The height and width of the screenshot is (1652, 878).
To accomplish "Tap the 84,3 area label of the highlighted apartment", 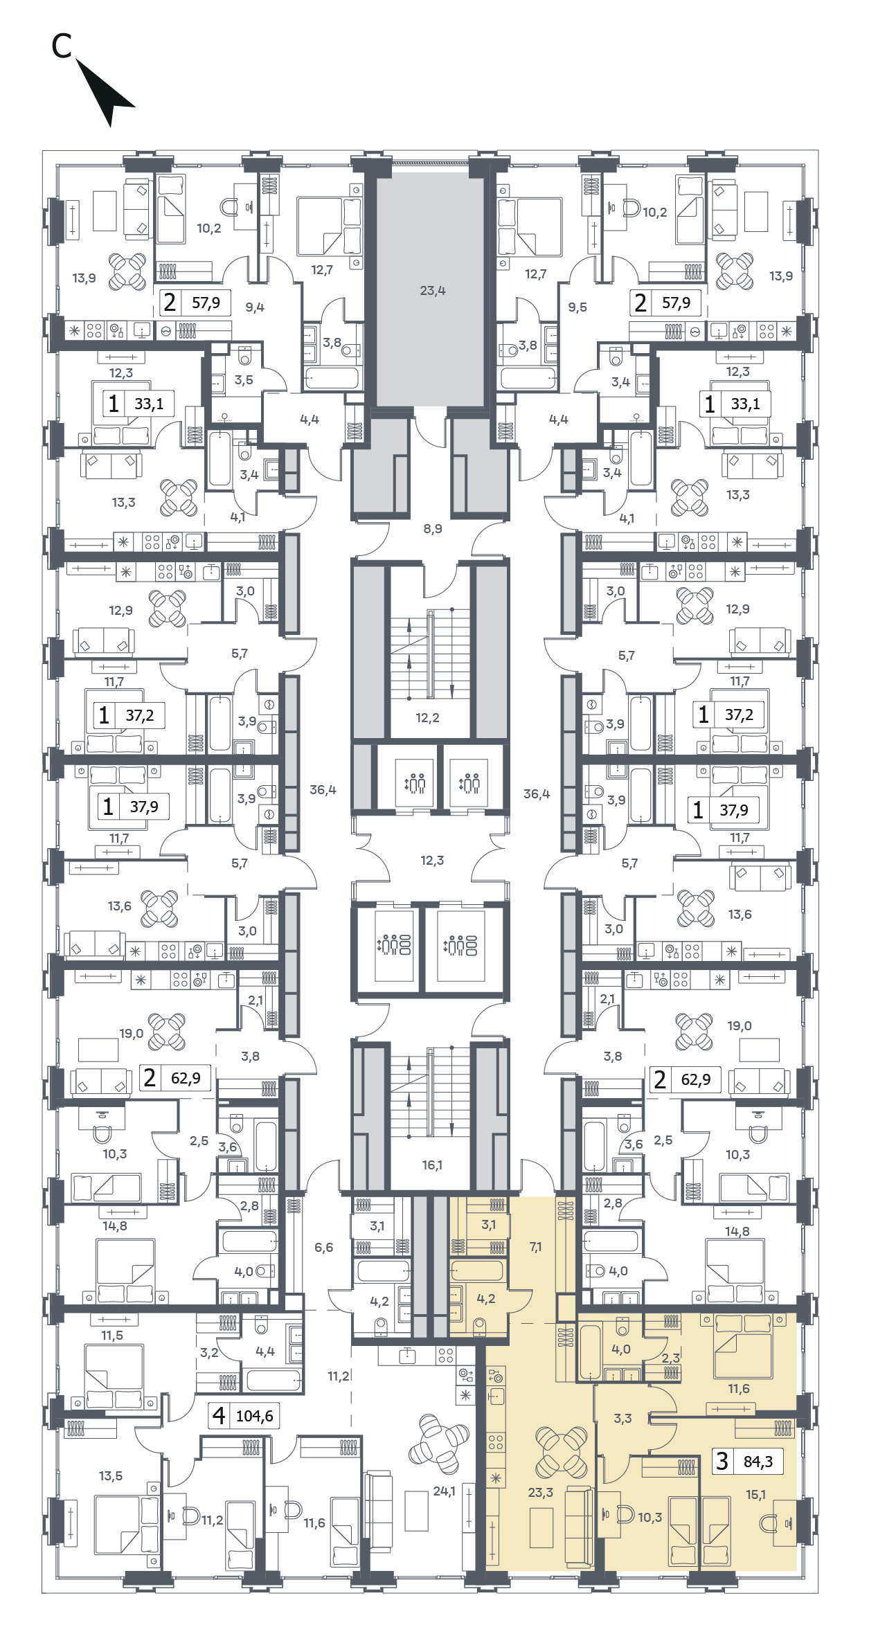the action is coord(758,1462).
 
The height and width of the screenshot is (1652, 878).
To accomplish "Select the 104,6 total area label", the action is coord(254,1416).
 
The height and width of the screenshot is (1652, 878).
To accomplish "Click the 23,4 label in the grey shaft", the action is coord(433,291).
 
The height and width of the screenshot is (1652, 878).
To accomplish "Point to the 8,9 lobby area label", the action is coord(433,529).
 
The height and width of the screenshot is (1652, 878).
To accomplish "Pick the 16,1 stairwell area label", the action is coord(432,1165).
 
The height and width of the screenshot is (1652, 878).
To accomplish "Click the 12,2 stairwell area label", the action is coord(427,718).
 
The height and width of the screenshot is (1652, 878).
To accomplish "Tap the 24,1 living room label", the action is coord(444,1491).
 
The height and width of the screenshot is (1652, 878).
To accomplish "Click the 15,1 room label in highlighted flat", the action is coord(755,1495).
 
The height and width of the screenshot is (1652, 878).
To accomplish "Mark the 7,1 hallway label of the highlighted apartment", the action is coord(535,1247).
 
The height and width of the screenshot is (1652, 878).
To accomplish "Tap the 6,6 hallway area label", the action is coord(323,1248).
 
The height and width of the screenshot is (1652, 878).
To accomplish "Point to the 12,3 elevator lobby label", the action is coord(432,861).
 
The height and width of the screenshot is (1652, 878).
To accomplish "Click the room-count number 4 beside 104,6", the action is coord(219,1415).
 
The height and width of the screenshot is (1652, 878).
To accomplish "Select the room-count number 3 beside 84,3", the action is coord(722,1461).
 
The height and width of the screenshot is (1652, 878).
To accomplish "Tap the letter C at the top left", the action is coord(62,46).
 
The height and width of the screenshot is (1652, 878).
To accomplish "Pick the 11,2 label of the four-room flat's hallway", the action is coord(339,1376).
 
